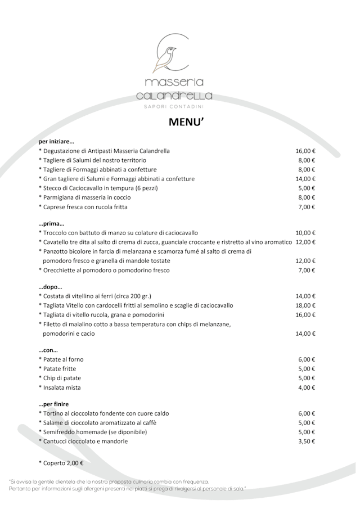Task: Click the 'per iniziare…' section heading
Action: (56, 141)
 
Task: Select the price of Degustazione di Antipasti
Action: (305, 151)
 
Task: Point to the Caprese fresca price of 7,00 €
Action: (307, 207)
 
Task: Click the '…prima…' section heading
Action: (51, 223)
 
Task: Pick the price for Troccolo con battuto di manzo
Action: (305, 232)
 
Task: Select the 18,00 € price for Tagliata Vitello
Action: (305, 305)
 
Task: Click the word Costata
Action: (55, 296)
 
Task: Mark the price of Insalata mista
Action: (307, 388)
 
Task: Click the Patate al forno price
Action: (307, 359)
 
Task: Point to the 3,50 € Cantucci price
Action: (307, 442)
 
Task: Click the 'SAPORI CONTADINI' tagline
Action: (174, 106)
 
